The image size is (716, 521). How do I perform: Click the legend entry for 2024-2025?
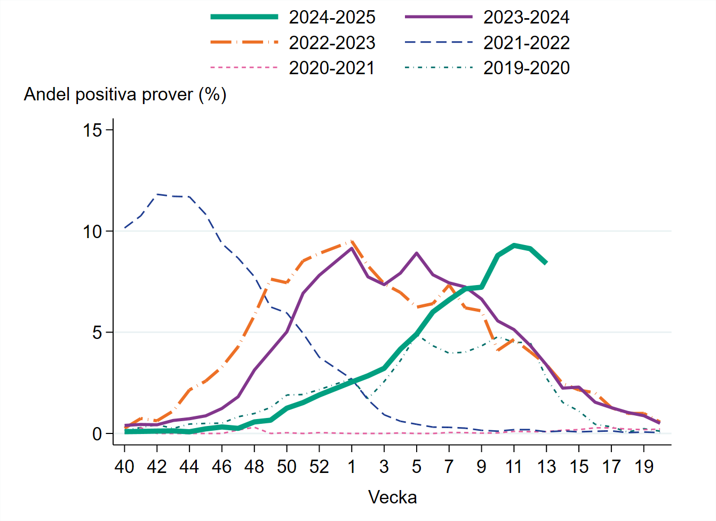(332, 17)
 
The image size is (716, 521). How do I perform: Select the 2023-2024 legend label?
(526, 17)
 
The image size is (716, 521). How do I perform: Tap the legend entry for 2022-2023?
(332, 43)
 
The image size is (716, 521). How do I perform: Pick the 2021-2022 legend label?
(526, 43)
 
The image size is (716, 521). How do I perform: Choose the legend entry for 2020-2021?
(332, 68)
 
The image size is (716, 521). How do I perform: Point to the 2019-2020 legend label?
(526, 68)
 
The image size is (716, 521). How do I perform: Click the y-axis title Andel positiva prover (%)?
(125, 94)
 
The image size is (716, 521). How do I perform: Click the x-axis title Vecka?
(392, 498)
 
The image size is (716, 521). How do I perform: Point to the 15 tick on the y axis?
(92, 130)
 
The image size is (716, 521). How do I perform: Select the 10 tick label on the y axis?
(92, 231)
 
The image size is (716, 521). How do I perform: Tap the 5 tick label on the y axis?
(97, 333)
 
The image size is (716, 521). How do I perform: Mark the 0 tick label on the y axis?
(97, 433)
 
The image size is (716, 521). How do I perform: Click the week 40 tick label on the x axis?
(124, 467)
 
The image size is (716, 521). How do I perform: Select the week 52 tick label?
(319, 467)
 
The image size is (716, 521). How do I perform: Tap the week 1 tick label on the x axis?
(352, 467)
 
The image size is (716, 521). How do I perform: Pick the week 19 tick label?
(644, 467)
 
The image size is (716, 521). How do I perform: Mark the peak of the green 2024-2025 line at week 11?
(514, 246)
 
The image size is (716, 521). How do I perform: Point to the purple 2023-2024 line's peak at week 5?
(417, 253)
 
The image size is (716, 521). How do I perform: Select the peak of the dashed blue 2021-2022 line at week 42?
(157, 194)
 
